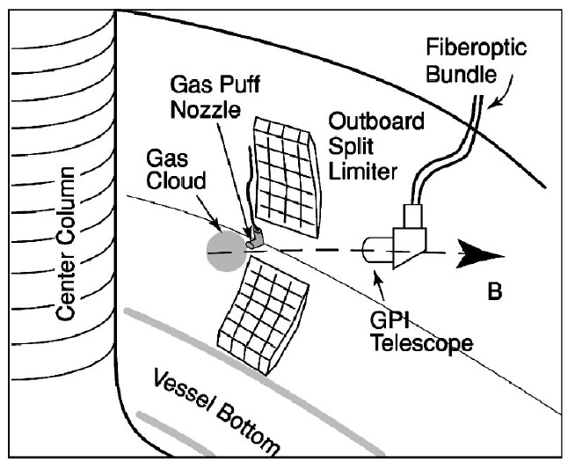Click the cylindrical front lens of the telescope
click(x=374, y=251)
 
